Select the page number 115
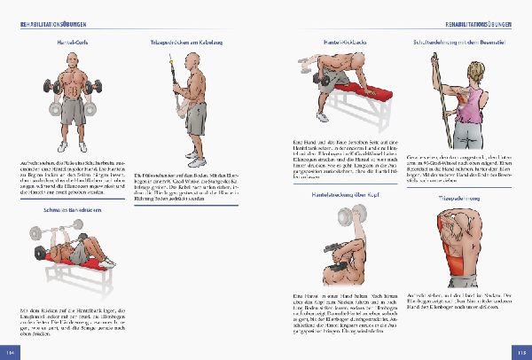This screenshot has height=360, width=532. pos(521,353)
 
